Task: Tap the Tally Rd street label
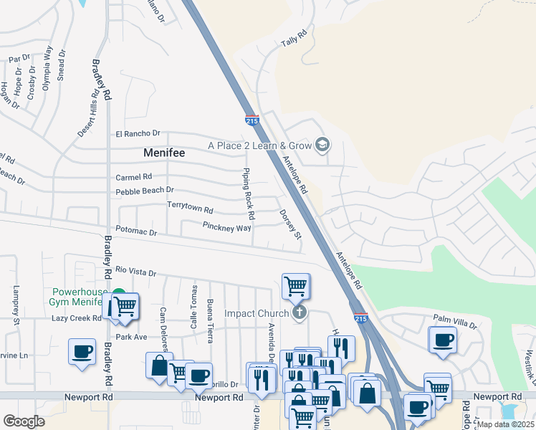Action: tap(294, 38)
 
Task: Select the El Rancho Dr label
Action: tap(138, 134)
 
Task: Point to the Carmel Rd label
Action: tap(134, 177)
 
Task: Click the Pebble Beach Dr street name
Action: tap(145, 191)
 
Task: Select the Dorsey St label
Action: tap(290, 224)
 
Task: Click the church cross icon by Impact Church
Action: tap(300, 312)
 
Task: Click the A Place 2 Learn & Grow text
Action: tap(260, 145)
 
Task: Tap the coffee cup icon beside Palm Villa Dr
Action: tap(443, 339)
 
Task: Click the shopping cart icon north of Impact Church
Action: tap(296, 286)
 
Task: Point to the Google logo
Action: tap(24, 421)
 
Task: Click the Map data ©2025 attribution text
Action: tap(505, 424)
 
